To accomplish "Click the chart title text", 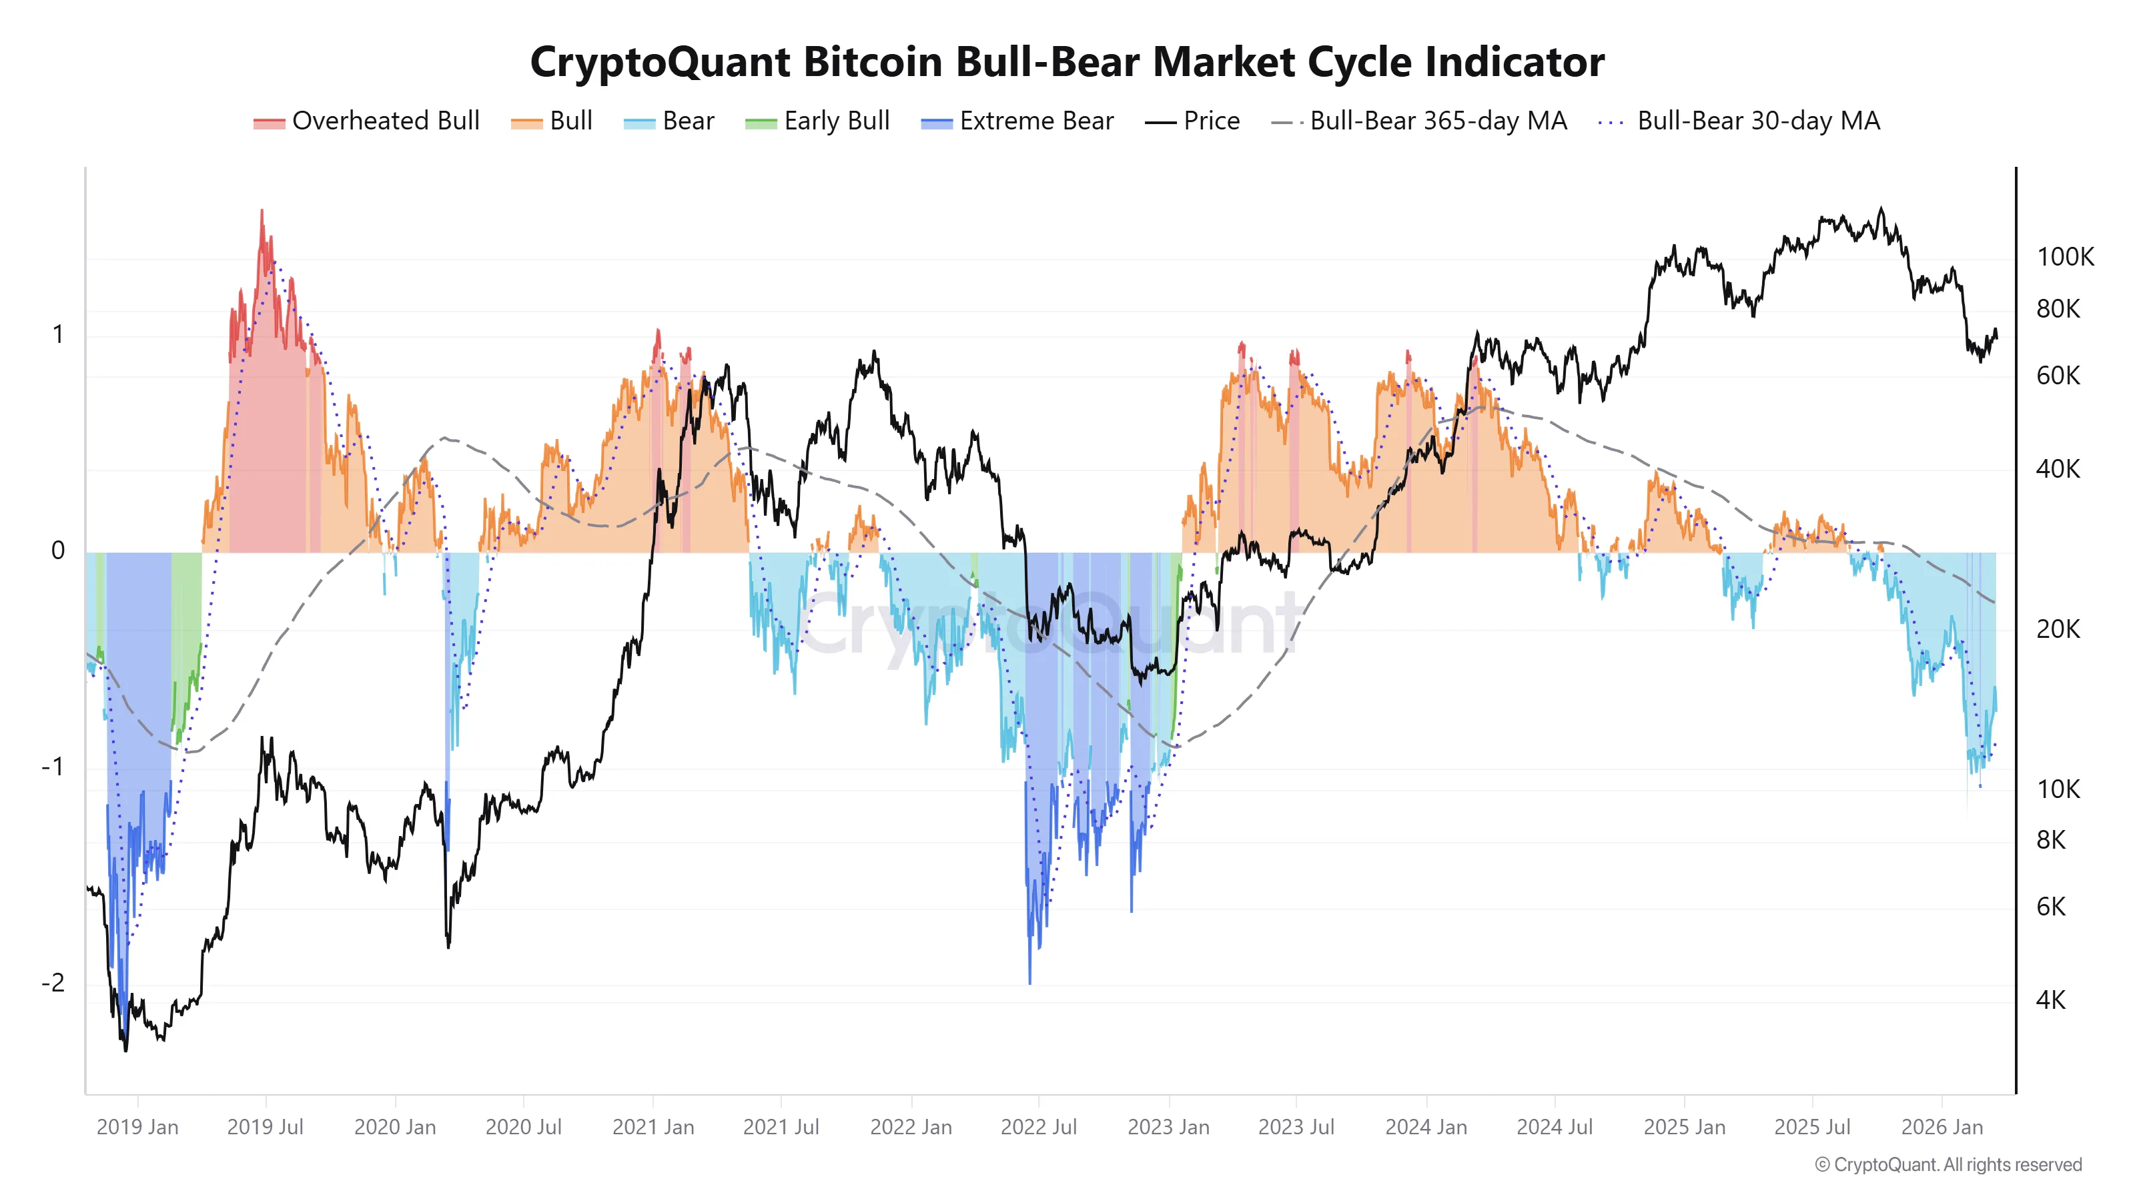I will tap(1067, 62).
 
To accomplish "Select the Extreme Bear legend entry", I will tap(1017, 121).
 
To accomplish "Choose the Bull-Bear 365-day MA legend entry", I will tap(1419, 121).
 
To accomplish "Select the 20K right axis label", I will tap(2057, 630).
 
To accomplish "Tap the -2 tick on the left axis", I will tap(53, 983).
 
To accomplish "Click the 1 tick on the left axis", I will tap(57, 335).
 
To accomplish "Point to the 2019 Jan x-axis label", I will tap(137, 1127).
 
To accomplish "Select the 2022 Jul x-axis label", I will tap(1039, 1127).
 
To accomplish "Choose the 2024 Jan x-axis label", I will tap(1426, 1127).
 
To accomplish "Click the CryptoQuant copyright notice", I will tap(1948, 1164).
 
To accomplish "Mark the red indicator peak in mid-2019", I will tap(263, 212).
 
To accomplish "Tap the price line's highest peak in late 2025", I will tap(1881, 209).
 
